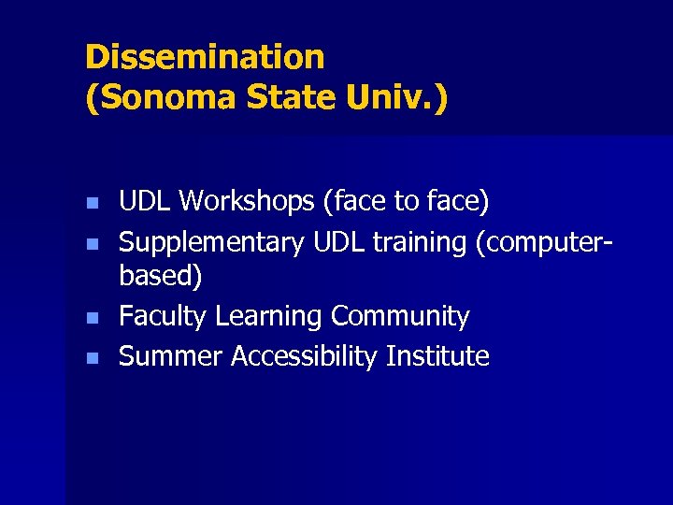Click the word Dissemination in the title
[205, 58]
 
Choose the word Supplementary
[212, 242]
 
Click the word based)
[161, 277]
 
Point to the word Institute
[438, 356]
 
